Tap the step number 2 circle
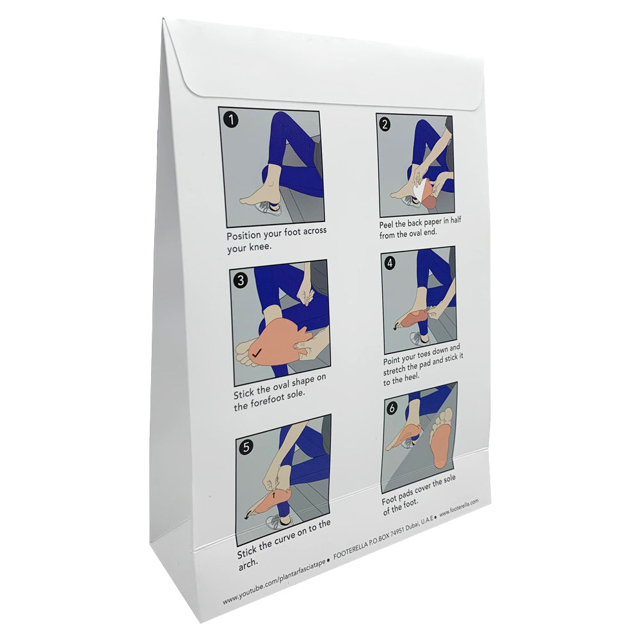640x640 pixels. (x=385, y=125)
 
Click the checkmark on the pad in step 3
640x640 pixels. (x=256, y=351)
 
